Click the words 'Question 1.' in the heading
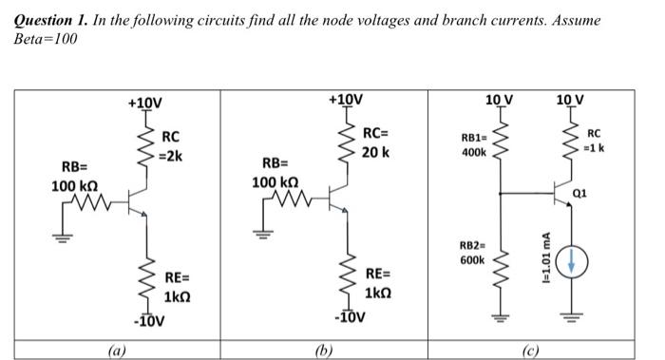pyautogui.click(x=56, y=20)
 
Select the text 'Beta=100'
pyautogui.click(x=46, y=39)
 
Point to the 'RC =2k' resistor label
pyautogui.click(x=174, y=147)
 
